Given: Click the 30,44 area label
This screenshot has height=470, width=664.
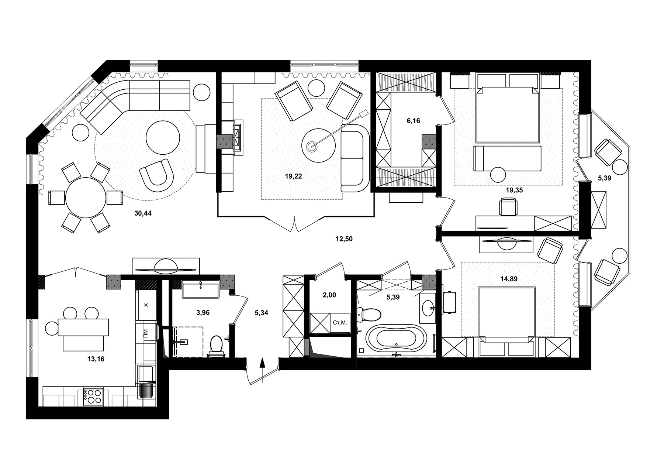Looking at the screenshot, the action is coord(143,213).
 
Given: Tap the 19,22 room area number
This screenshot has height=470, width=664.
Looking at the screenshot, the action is coord(293,176).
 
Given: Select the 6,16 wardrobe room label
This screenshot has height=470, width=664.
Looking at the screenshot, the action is coord(413,121).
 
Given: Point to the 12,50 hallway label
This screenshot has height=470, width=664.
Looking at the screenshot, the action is coord(344,239).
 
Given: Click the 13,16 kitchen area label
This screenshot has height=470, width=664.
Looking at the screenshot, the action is coord(96,358).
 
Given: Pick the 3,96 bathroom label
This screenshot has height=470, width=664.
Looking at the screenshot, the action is coord(203,313).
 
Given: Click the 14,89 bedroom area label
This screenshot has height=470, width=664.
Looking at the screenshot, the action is coord(509,279).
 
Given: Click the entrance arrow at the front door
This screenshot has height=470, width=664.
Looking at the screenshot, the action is coord(262,369).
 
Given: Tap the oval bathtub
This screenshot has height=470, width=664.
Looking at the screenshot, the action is coord(397,337).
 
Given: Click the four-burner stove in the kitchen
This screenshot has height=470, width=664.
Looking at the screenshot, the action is coord(93,397).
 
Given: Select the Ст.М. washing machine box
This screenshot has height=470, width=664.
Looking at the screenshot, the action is coord(340,323).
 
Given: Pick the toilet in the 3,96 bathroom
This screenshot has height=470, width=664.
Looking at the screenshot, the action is coord(216,346).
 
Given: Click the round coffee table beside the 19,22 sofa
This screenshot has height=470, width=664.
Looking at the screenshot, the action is coord(318,145).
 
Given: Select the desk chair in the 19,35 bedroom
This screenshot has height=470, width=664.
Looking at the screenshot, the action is coord(508,206).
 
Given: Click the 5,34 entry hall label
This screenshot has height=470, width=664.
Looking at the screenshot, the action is coord(261,313).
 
